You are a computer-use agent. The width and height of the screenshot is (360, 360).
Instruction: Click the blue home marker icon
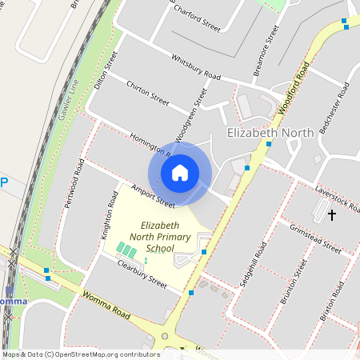click(180, 173)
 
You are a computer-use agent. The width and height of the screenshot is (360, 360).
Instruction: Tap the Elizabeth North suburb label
click(270, 133)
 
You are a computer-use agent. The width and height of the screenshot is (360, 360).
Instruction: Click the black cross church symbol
click(332, 214)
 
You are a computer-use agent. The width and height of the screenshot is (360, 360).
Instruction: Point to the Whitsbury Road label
click(195, 66)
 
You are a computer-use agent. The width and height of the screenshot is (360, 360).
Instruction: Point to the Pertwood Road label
click(74, 182)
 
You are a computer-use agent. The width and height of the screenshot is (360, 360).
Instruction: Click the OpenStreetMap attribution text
click(79, 354)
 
